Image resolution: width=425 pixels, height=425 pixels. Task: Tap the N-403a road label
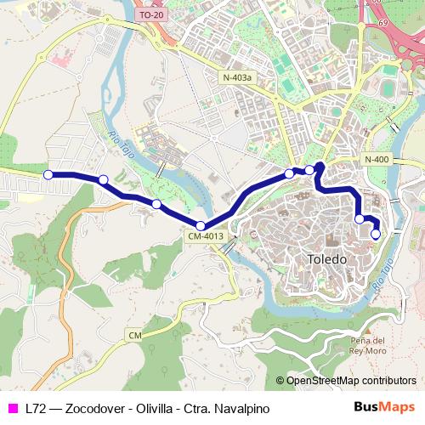(237, 77)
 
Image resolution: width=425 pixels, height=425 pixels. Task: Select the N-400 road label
(377, 160)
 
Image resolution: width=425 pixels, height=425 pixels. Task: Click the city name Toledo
(326, 258)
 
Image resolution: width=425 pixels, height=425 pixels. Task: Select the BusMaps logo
(384, 408)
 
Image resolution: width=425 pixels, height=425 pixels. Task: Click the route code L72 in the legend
(36, 409)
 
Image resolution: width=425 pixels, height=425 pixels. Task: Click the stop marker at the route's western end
(48, 174)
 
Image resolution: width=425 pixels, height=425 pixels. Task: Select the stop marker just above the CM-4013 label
(201, 225)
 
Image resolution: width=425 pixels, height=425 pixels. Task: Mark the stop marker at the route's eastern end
(376, 234)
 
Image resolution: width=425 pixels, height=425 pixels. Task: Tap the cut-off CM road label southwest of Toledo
(134, 336)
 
